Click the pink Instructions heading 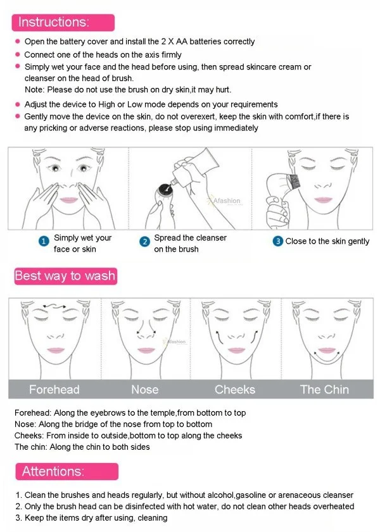pyautogui.click(x=54, y=22)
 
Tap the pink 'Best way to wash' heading pyautogui.click(x=65, y=276)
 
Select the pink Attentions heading pyautogui.click(x=53, y=471)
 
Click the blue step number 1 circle pyautogui.click(x=44, y=242)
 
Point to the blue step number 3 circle pyautogui.click(x=277, y=241)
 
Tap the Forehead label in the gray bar pyautogui.click(x=54, y=389)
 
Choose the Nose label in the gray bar pyautogui.click(x=144, y=389)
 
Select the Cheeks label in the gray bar pyautogui.click(x=234, y=389)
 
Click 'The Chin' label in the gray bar pyautogui.click(x=324, y=389)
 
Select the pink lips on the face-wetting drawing pyautogui.click(x=68, y=199)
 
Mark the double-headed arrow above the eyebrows pyautogui.click(x=54, y=307)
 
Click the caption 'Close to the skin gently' pyautogui.click(x=327, y=241)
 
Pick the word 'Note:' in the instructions pyautogui.click(x=35, y=90)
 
